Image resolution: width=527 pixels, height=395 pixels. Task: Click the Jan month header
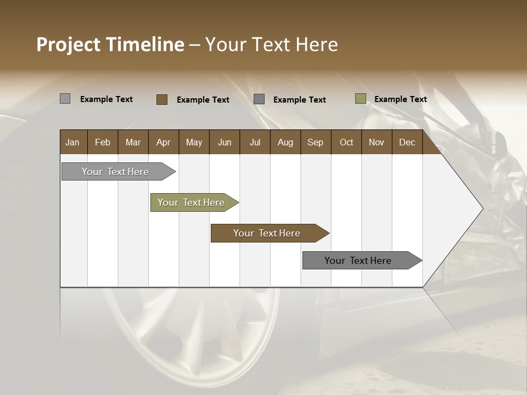click(x=72, y=142)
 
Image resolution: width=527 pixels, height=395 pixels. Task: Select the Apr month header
click(x=163, y=142)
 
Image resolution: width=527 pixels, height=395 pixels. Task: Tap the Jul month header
click(x=255, y=142)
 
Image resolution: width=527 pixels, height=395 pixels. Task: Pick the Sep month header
click(x=315, y=142)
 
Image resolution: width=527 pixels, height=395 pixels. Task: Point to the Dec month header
click(x=407, y=142)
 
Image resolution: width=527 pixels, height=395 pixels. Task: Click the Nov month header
click(x=376, y=142)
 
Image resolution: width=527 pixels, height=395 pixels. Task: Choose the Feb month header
click(x=103, y=142)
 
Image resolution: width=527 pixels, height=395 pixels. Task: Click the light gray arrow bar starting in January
click(x=115, y=172)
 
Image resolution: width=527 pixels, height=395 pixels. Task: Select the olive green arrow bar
click(x=191, y=202)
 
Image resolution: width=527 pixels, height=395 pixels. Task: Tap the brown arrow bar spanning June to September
click(x=267, y=233)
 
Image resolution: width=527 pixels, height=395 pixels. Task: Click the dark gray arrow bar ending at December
click(x=358, y=261)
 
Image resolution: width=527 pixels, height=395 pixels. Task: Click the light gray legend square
click(x=65, y=99)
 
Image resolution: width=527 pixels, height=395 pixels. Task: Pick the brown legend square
click(x=161, y=99)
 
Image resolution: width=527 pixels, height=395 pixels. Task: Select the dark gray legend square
click(x=259, y=99)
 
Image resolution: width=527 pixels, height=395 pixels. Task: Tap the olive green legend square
click(x=360, y=99)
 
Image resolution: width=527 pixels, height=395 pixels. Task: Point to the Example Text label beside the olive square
click(x=400, y=99)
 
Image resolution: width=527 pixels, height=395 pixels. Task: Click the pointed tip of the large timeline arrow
click(x=481, y=208)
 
